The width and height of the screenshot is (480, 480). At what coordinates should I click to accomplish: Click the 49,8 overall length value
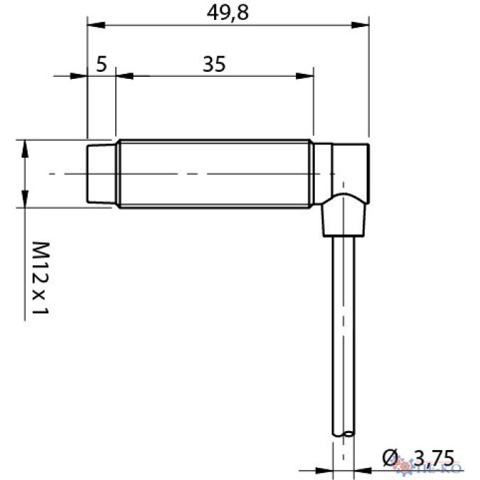pyautogui.click(x=228, y=12)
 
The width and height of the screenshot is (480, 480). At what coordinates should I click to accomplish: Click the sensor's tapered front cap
pyautogui.click(x=101, y=174)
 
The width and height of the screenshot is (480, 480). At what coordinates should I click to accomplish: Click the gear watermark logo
pyautogui.click(x=410, y=467)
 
